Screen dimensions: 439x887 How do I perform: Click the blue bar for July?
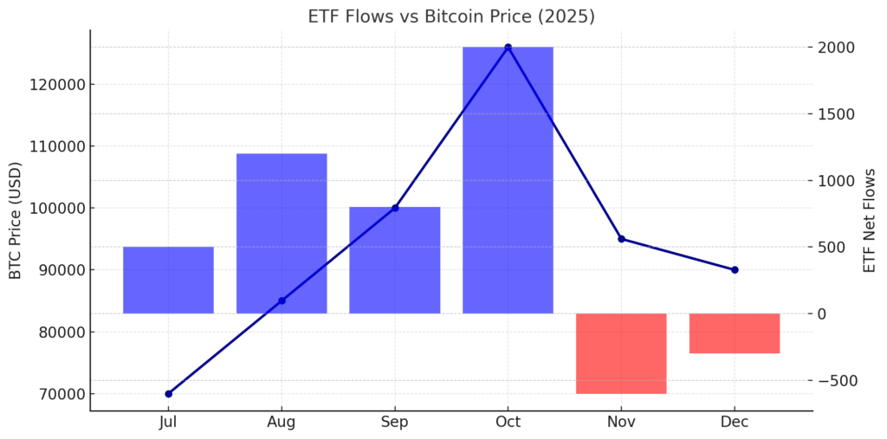click(x=168, y=280)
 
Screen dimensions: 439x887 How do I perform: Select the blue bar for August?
click(x=282, y=233)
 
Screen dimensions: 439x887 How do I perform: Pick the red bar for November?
click(x=621, y=353)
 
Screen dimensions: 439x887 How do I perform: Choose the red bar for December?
click(x=735, y=333)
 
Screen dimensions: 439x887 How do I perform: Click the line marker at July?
click(x=168, y=394)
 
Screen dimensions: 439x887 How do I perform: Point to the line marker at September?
click(x=395, y=208)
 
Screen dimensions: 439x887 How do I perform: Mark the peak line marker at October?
click(x=508, y=47)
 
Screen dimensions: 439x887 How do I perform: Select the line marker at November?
click(x=621, y=239)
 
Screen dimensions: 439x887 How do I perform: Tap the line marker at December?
click(x=735, y=269)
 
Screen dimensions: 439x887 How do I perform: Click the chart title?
click(x=451, y=16)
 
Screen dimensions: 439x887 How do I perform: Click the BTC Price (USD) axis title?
click(x=16, y=221)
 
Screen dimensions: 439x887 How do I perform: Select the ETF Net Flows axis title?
click(x=870, y=221)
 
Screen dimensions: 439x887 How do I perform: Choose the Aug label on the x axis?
click(x=282, y=423)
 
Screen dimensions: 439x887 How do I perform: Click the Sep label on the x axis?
click(x=395, y=423)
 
